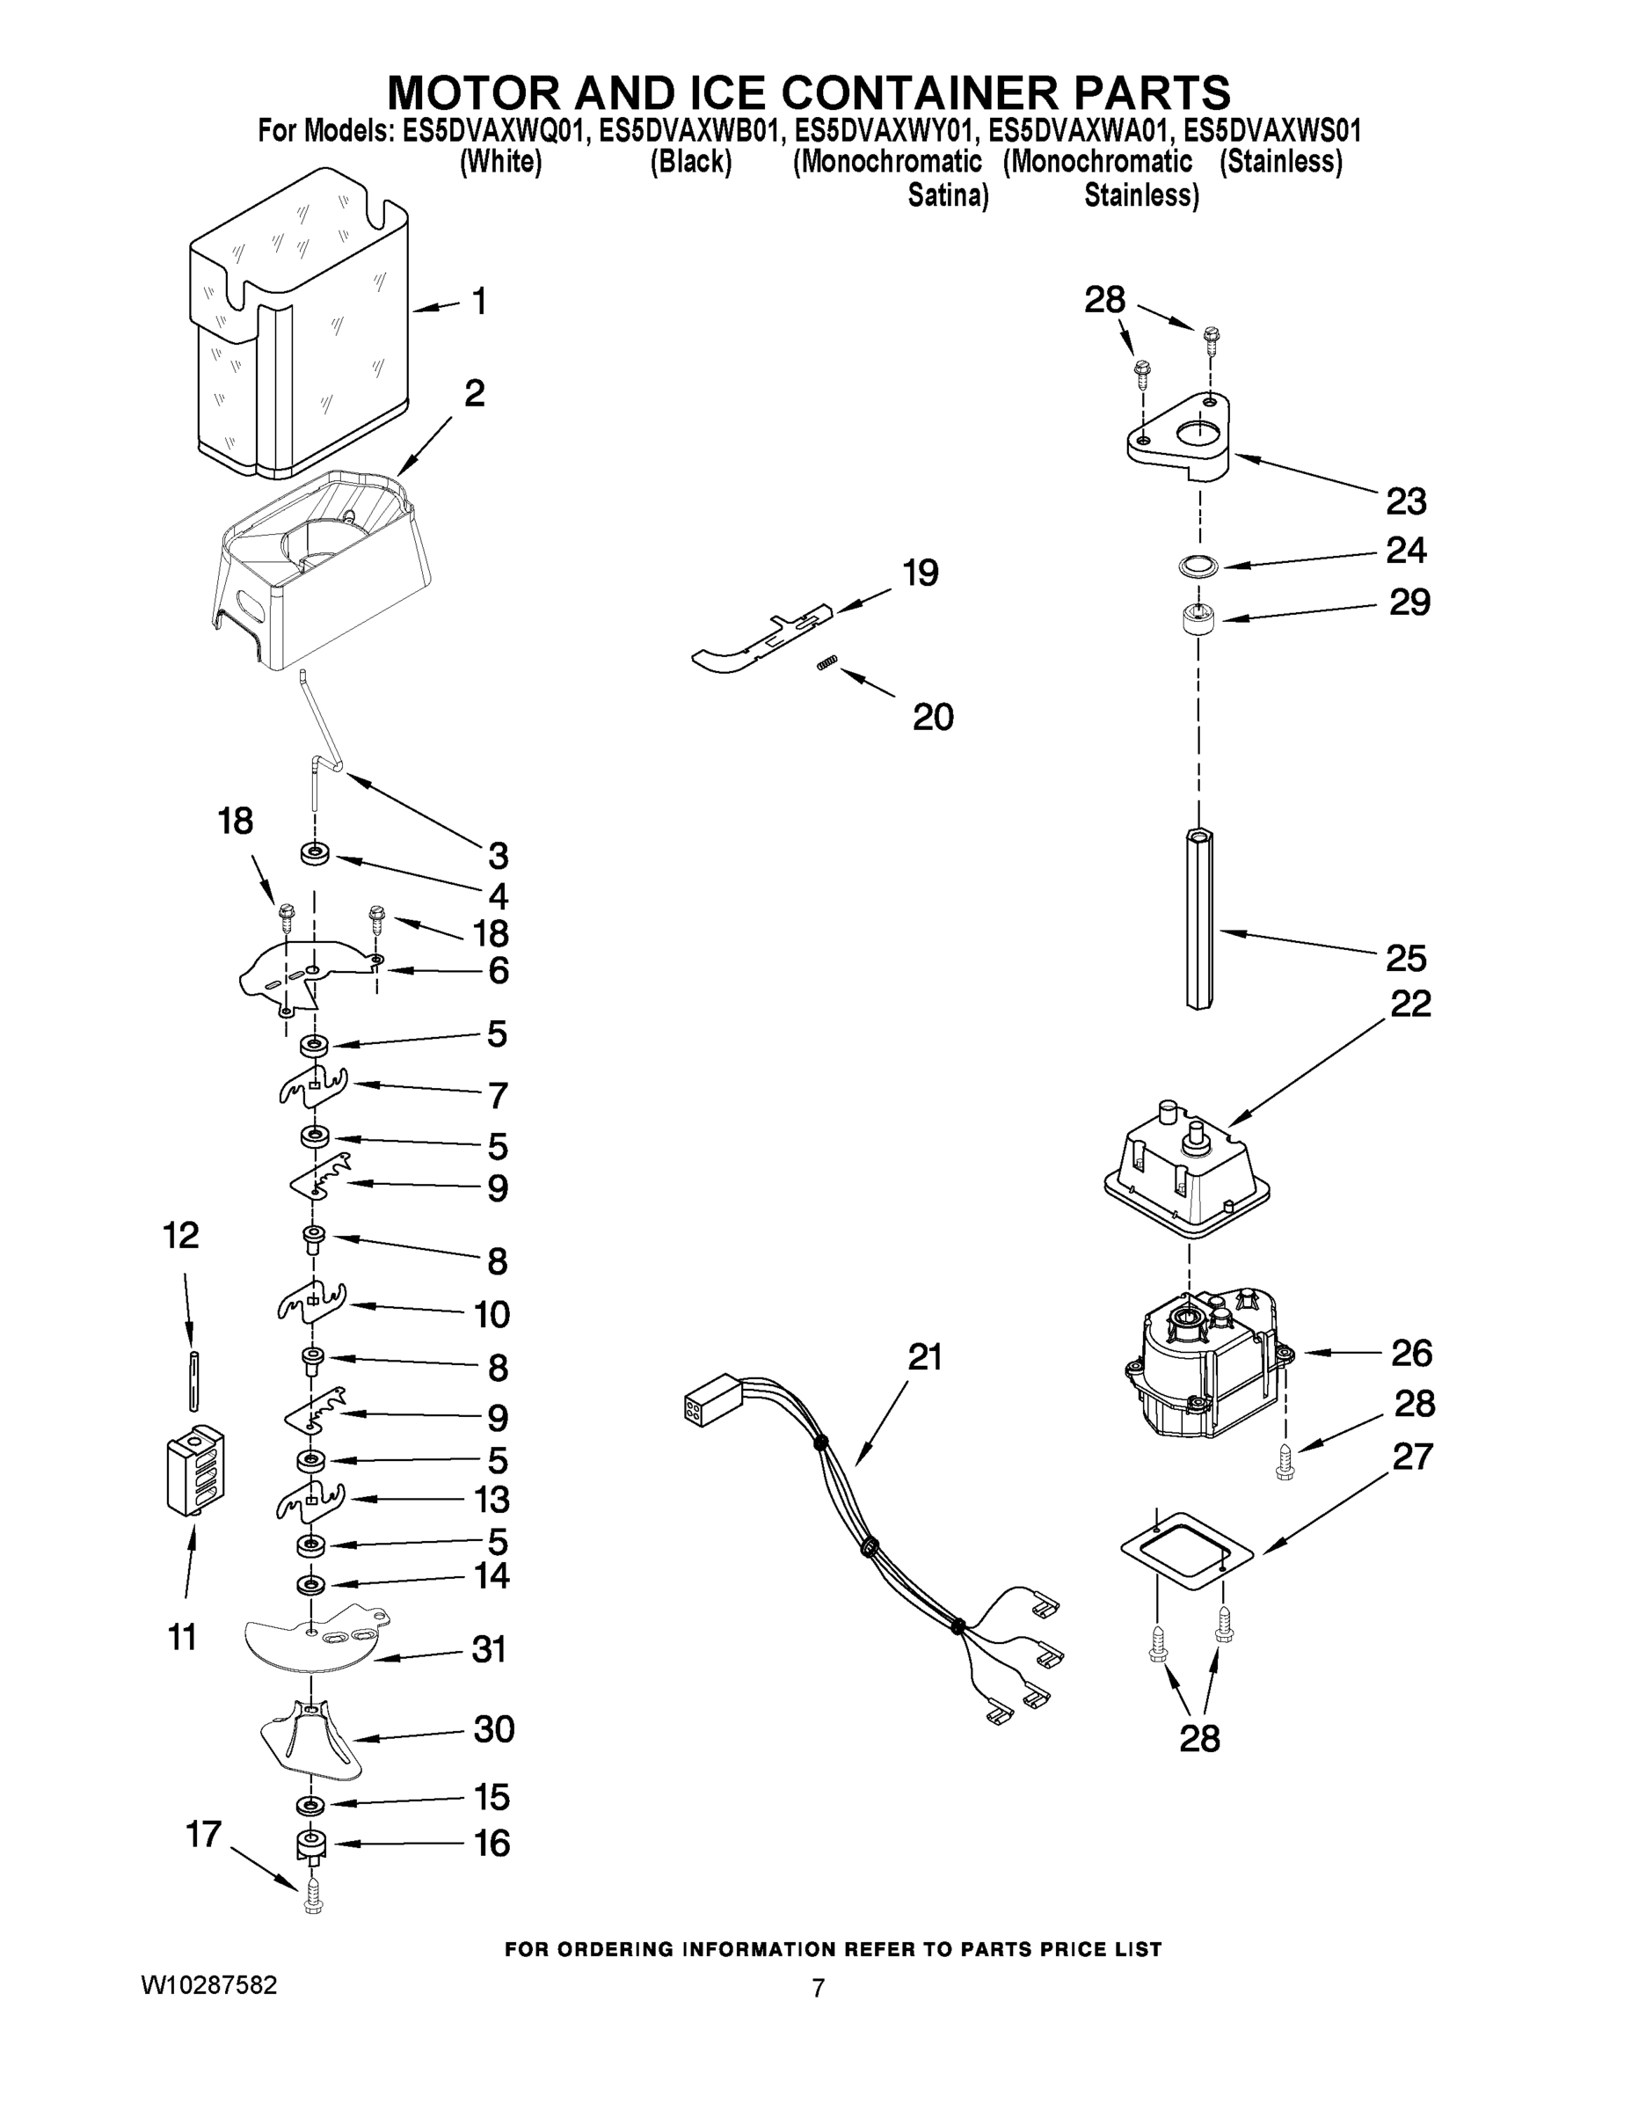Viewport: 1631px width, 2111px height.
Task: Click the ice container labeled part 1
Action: pyautogui.click(x=300, y=329)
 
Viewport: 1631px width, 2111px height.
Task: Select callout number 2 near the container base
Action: pyautogui.click(x=473, y=394)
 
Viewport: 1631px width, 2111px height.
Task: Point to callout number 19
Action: pyautogui.click(x=920, y=573)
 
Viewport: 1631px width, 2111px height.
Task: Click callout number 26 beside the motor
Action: pyautogui.click(x=1409, y=1353)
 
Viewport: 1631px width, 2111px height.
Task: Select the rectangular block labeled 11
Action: pyautogui.click(x=195, y=1472)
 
